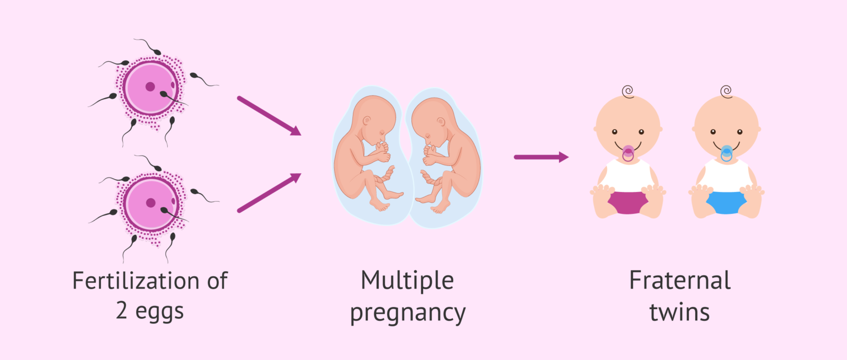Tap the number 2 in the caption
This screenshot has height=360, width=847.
(x=121, y=311)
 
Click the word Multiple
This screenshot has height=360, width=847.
(x=408, y=281)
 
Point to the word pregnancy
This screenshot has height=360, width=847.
(x=408, y=314)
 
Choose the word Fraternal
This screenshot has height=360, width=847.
(x=680, y=281)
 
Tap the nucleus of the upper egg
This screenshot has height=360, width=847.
(x=150, y=87)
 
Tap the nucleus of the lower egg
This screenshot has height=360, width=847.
(x=151, y=203)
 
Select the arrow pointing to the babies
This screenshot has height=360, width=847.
(x=541, y=157)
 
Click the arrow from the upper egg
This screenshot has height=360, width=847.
(x=269, y=116)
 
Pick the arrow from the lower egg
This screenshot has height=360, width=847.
(x=269, y=193)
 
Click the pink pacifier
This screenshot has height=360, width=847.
(x=628, y=153)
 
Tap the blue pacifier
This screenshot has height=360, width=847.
(x=726, y=153)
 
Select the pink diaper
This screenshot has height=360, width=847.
(x=628, y=203)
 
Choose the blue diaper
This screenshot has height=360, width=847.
(x=726, y=203)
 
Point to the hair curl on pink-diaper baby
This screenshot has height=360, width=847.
(x=628, y=92)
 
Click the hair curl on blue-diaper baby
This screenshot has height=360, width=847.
(x=726, y=92)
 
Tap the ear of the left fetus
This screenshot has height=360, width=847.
(x=366, y=121)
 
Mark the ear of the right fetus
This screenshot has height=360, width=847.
(x=441, y=122)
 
